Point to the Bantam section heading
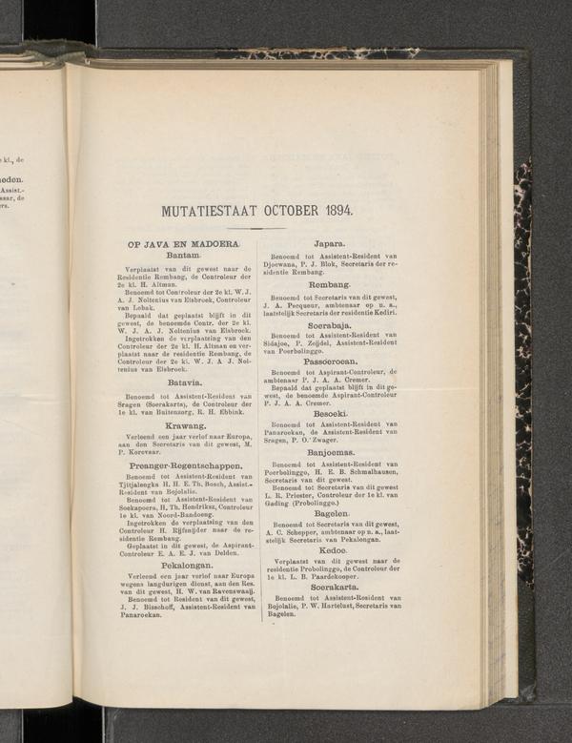tap(182, 256)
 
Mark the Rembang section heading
tap(329, 284)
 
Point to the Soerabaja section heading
tap(329, 324)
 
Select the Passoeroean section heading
tap(329, 361)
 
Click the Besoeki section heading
tap(329, 412)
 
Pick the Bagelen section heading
tap(329, 512)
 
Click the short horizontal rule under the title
tap(257, 228)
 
